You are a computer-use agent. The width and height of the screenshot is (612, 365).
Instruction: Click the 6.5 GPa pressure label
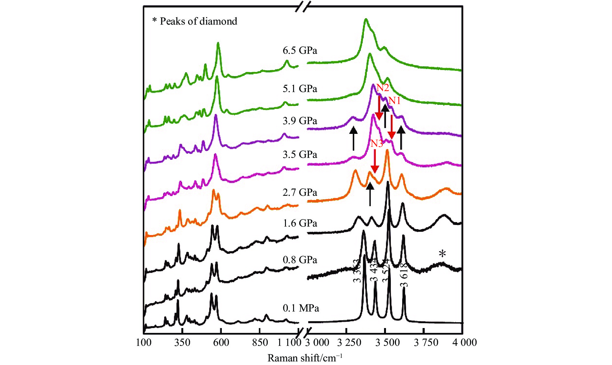click(300, 51)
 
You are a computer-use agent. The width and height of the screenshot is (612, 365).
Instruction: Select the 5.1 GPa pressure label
click(300, 89)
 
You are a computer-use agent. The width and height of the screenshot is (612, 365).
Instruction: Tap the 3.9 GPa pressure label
click(300, 121)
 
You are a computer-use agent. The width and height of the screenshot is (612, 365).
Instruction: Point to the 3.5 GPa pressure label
click(300, 155)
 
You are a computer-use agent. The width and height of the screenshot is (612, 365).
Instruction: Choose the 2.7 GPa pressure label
click(300, 193)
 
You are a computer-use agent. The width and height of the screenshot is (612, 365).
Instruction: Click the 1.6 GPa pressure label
click(300, 223)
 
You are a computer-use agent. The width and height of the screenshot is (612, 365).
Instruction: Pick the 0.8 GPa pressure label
click(300, 260)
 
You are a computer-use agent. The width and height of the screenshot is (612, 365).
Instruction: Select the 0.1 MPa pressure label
click(300, 308)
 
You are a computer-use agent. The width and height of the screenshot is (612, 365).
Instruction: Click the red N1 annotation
click(394, 101)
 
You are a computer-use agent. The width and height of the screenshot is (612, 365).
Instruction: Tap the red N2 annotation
click(382, 88)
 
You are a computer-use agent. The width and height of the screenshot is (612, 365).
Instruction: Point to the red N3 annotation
click(377, 144)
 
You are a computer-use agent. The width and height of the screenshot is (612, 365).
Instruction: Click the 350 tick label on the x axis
click(182, 343)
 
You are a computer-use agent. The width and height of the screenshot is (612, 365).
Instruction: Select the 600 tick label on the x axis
click(221, 343)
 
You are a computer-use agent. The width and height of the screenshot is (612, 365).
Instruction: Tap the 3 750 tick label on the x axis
click(426, 343)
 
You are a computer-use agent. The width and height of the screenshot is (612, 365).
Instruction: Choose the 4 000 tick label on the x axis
click(464, 343)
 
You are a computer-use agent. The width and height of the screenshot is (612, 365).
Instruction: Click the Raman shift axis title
click(305, 358)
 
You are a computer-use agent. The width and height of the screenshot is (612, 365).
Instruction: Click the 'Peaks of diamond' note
click(195, 21)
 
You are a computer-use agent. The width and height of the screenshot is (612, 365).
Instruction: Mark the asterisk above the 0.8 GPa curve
click(442, 254)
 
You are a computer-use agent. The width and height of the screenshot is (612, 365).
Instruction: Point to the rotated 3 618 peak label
click(404, 275)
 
